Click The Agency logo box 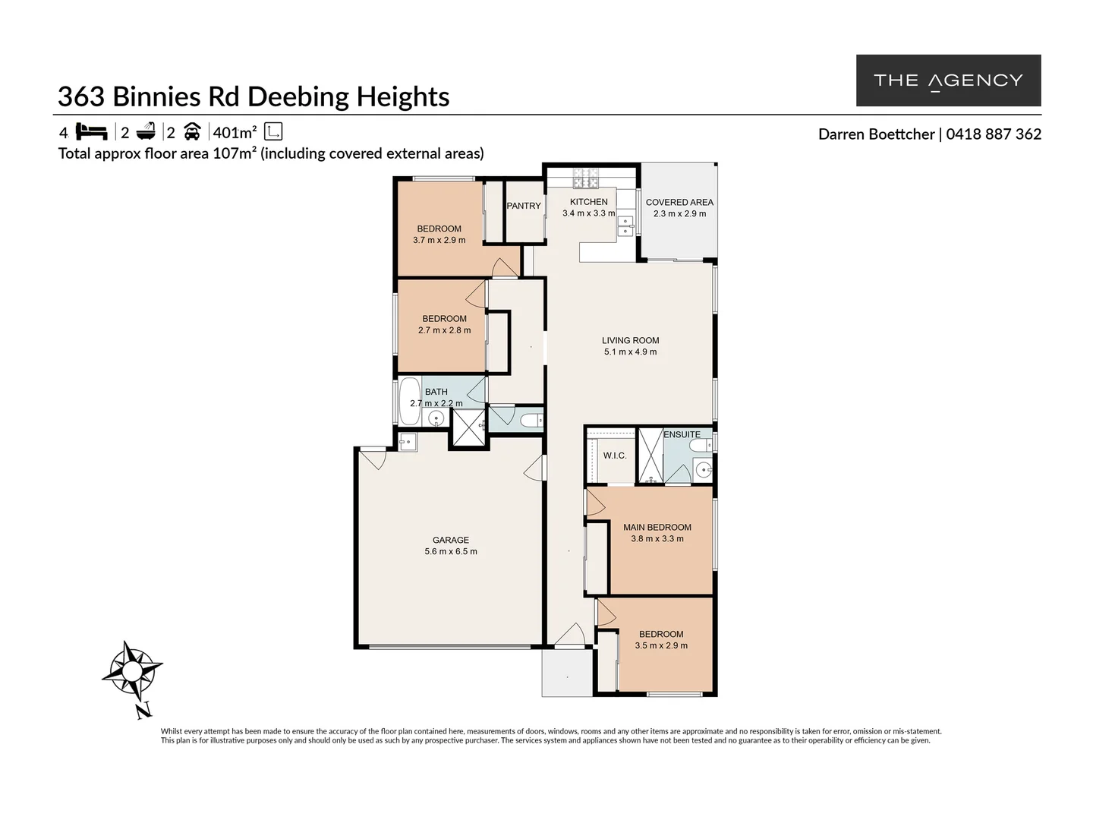coord(948,80)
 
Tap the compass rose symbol coord(132,670)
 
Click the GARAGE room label coord(451,540)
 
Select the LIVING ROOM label coord(630,340)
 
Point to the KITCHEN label coord(588,202)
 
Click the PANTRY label coord(524,206)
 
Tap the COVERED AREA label coord(679,202)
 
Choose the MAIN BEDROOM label coord(657,527)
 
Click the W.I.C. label coord(614,456)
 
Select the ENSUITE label coord(682,434)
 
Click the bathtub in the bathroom coord(408,401)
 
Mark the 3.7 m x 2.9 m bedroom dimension coord(439,240)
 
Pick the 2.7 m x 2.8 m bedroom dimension coord(444,330)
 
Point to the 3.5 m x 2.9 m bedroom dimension coord(661,645)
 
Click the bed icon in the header coord(92,132)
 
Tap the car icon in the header coord(192,132)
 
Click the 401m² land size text coord(235,133)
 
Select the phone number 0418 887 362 coord(994,134)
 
